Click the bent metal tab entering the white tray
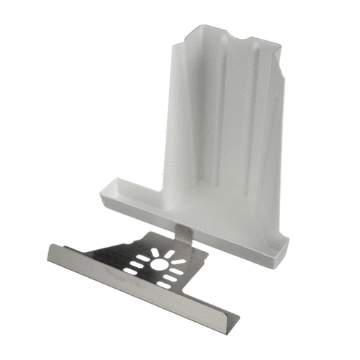(x=185, y=235)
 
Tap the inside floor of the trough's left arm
(x=133, y=193)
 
